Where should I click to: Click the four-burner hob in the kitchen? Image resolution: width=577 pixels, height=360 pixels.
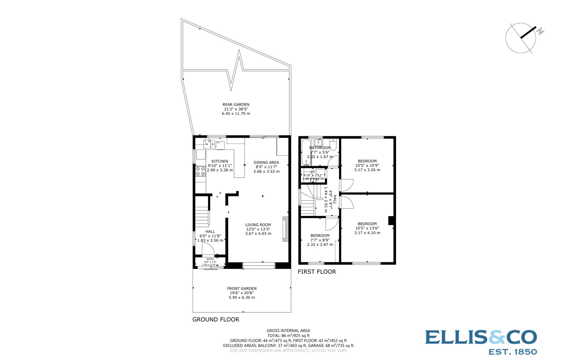200,171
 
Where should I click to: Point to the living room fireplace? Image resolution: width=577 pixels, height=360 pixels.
286,228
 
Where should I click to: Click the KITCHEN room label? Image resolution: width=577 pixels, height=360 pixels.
220,161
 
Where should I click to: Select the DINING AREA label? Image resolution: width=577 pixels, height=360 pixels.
266,162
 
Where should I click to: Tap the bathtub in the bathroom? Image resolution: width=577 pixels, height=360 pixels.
305,153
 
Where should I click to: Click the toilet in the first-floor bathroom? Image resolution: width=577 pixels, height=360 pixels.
333,145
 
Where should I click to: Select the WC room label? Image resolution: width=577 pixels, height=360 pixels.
313,172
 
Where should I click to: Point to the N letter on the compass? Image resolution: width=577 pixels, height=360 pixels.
540,32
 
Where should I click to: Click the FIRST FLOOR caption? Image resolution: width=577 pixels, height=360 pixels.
317,272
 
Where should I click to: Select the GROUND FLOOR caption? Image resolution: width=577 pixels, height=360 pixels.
216,319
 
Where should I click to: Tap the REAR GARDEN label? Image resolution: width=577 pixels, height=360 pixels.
236,105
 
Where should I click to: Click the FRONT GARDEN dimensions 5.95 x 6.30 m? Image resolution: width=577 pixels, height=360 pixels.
242,298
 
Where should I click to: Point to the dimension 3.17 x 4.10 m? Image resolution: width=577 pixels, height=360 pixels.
367,233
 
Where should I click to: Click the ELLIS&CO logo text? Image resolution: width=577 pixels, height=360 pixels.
481,338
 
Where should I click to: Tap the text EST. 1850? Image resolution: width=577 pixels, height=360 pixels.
512,351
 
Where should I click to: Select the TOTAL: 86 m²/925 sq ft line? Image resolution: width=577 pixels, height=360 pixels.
288,335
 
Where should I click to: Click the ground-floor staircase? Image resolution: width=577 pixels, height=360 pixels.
202,217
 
